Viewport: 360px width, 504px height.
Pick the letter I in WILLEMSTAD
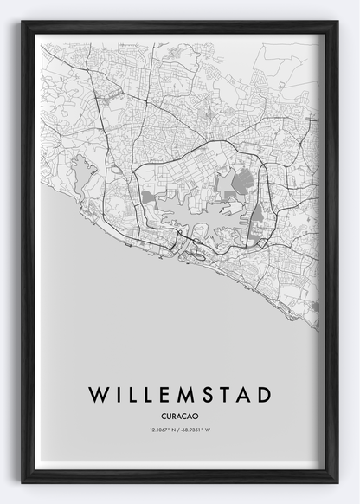[x=117, y=395]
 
